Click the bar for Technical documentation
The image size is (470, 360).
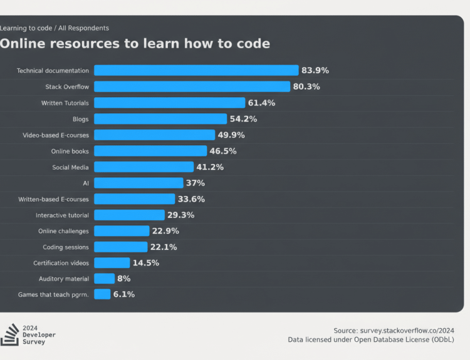pyautogui.click(x=196, y=71)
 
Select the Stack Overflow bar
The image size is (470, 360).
pyautogui.click(x=192, y=86)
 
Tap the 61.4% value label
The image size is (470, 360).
pyautogui.click(x=261, y=103)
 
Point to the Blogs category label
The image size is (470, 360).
pyautogui.click(x=81, y=119)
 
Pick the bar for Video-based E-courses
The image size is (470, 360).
pyautogui.click(x=154, y=135)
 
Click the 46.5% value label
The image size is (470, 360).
pyautogui.click(x=223, y=151)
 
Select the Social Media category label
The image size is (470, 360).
pyautogui.click(x=70, y=167)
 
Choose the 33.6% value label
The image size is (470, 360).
pyautogui.click(x=191, y=199)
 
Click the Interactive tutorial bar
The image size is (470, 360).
pyautogui.click(x=129, y=215)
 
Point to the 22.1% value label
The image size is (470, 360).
pyautogui.click(x=164, y=247)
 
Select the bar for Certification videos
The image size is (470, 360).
pyautogui.click(x=112, y=263)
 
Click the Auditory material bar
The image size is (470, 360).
pyautogui.click(x=104, y=279)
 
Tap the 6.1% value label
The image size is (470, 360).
pyautogui.click(x=123, y=294)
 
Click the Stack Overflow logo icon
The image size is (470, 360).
pyautogui.click(x=10, y=335)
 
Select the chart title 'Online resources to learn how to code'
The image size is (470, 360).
pyautogui.click(x=135, y=44)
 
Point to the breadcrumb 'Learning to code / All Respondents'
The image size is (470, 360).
pyautogui.click(x=54, y=28)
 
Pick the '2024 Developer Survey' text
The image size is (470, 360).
pyautogui.click(x=39, y=335)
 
